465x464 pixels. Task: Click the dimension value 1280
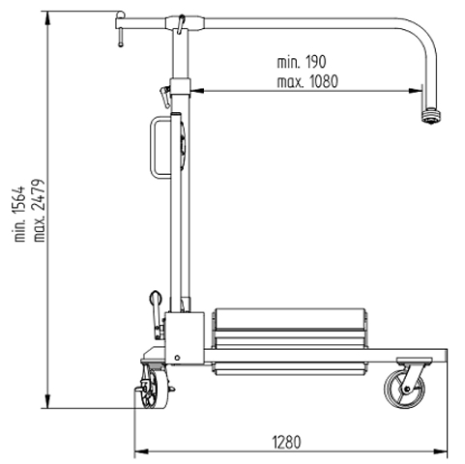click(x=286, y=442)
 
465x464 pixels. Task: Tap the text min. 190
click(x=302, y=62)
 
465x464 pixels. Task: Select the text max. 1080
click(x=307, y=82)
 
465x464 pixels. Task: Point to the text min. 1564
click(x=19, y=214)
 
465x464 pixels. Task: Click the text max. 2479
click(x=40, y=211)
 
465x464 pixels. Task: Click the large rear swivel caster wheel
click(x=404, y=390)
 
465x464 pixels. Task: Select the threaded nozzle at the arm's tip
click(x=431, y=116)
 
